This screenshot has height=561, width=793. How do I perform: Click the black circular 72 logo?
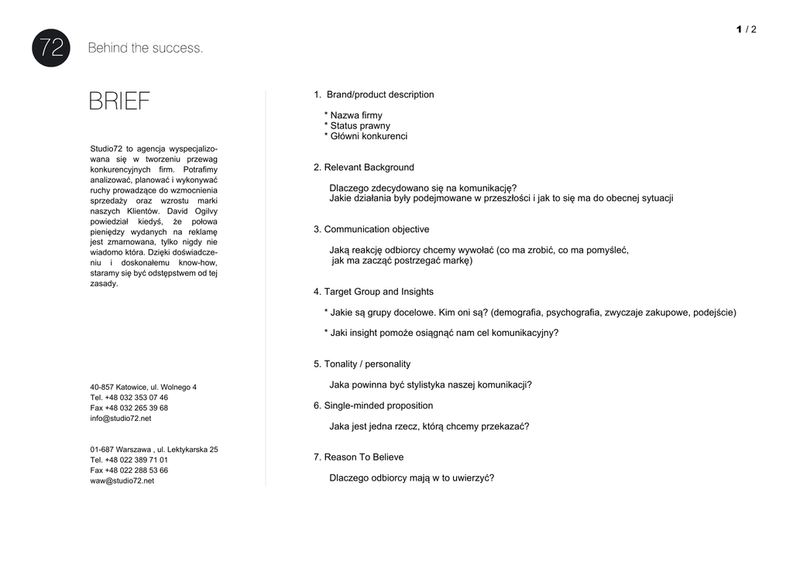pos(51,48)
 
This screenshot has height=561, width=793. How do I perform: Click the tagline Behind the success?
pos(146,48)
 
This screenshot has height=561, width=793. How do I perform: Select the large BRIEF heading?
pos(119,101)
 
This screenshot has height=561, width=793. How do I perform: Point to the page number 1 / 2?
pos(747,29)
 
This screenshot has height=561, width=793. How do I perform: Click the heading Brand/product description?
pos(379,94)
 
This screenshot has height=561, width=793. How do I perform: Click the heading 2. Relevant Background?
pos(364,167)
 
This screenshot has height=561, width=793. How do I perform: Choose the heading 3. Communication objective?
pos(372,229)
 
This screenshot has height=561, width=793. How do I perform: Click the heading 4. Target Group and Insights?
pos(373,292)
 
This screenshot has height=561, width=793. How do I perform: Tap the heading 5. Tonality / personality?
pos(362,364)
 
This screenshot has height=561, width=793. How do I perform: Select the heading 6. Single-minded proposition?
pos(373,405)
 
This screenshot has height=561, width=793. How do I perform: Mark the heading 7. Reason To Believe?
pos(359,457)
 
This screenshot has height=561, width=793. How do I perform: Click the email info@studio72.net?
pos(121,418)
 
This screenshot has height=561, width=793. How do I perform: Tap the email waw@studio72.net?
pos(122,481)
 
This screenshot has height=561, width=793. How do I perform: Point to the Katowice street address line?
pos(143,387)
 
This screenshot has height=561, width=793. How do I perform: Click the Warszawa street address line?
pos(154,450)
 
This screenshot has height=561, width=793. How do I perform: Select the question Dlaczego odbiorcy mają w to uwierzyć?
pos(411,478)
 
